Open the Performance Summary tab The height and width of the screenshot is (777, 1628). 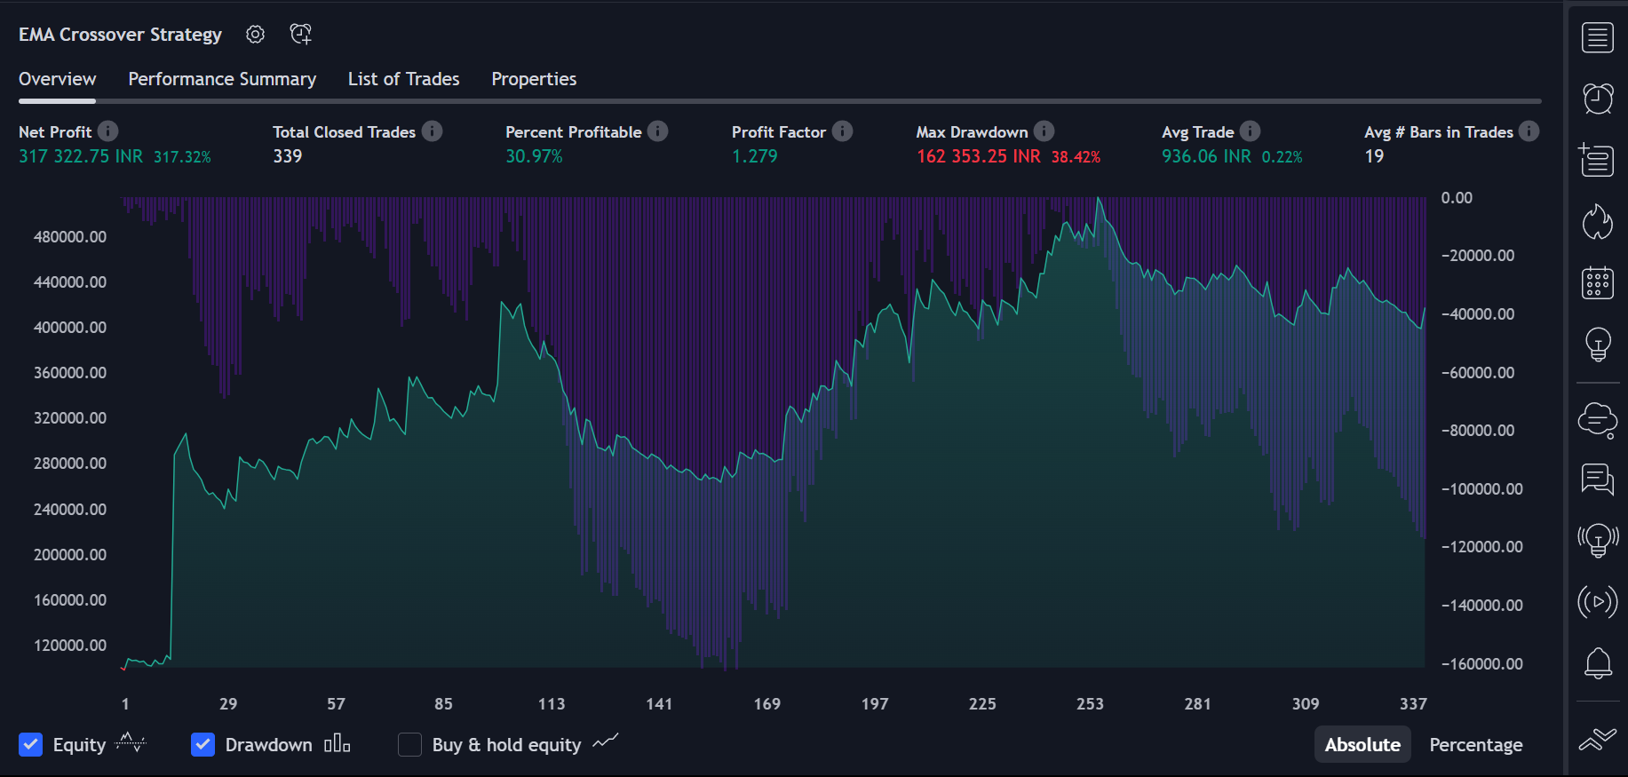point(222,79)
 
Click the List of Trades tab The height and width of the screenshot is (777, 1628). point(403,79)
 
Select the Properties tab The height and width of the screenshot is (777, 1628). point(534,79)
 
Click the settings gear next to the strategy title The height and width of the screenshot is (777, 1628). point(256,35)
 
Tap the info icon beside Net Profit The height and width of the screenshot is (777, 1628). point(108,131)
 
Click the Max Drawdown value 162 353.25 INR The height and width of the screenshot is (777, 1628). point(978,156)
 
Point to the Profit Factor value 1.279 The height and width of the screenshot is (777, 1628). point(754,156)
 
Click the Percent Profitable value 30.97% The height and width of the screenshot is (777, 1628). point(534,156)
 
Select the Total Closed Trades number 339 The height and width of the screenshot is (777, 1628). point(287,156)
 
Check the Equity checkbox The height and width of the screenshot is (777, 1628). point(31,744)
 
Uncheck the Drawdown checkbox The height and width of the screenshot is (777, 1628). point(203,744)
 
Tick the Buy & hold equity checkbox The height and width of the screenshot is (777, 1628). point(409,744)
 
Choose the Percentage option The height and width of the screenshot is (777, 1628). point(1475,744)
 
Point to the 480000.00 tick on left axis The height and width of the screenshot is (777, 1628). point(70,237)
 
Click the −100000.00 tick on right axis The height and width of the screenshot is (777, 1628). point(1481,489)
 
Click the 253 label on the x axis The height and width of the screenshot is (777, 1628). point(1090,704)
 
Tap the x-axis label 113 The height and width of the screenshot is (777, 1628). point(552,704)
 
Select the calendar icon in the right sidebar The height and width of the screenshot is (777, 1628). point(1598,283)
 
